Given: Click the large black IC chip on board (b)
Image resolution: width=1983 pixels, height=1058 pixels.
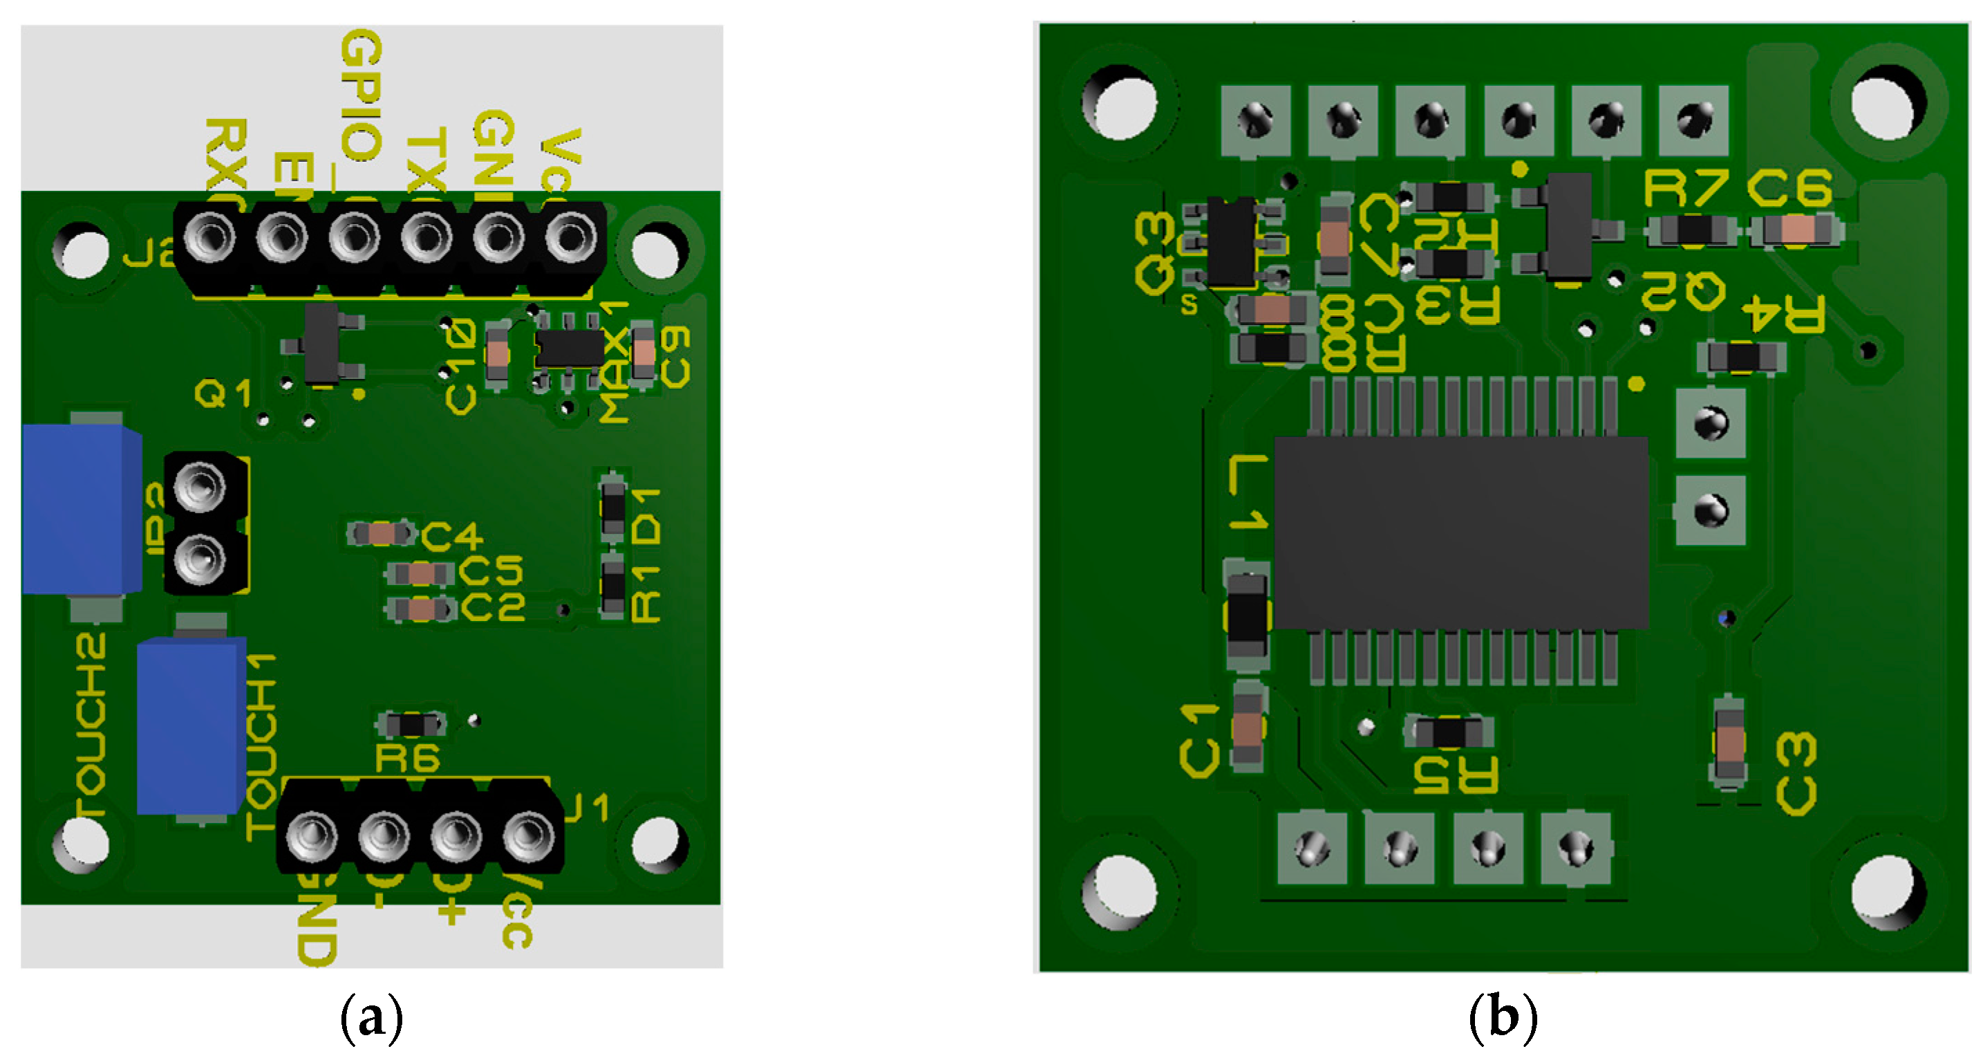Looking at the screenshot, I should (x=1460, y=533).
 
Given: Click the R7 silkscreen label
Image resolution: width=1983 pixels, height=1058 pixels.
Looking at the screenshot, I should (x=1684, y=189).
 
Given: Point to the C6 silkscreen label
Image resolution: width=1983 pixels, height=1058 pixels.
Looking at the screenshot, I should (x=1789, y=189).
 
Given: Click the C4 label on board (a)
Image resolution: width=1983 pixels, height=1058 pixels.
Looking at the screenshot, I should (x=452, y=536).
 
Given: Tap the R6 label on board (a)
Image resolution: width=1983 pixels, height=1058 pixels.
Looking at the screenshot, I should (x=407, y=759).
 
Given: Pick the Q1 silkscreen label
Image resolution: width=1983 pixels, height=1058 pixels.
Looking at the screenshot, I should (x=223, y=394).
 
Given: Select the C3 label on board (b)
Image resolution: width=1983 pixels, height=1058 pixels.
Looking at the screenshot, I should (x=1796, y=773).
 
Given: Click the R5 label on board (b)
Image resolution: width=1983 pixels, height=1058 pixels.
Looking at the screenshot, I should (x=1456, y=774).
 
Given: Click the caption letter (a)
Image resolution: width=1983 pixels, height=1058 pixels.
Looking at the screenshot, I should (x=372, y=1018).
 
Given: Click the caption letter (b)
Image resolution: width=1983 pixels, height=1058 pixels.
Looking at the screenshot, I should (x=1503, y=1018).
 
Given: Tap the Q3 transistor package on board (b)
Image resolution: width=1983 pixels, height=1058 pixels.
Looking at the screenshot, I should (x=1232, y=243).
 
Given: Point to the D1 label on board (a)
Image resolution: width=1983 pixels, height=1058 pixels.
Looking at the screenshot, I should (x=647, y=516).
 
